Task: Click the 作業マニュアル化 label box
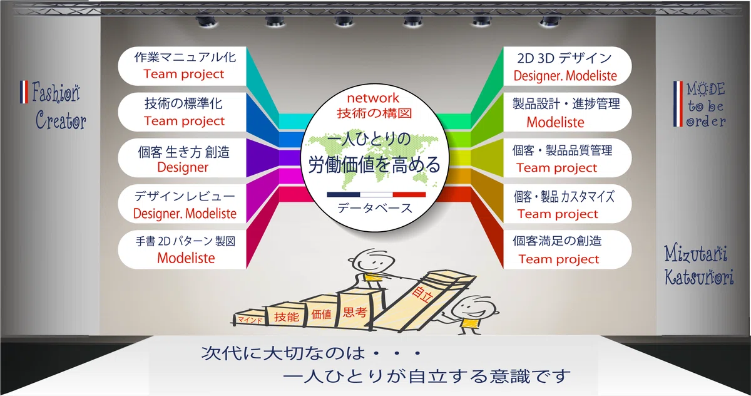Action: pyautogui.click(x=182, y=66)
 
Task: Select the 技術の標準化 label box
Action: pyautogui.click(x=182, y=112)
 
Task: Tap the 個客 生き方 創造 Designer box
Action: pyautogui.click(x=182, y=158)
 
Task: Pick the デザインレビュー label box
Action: pyautogui.click(x=182, y=204)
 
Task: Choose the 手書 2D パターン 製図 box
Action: pyautogui.click(x=182, y=249)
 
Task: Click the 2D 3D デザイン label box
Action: pyautogui.click(x=567, y=66)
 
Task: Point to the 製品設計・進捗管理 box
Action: pyautogui.click(x=567, y=112)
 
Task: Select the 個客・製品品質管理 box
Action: pyautogui.click(x=567, y=158)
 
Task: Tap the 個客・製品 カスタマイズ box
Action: pyautogui.click(x=567, y=204)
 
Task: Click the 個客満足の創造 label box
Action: pyautogui.click(x=567, y=249)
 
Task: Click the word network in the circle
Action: pyautogui.click(x=373, y=98)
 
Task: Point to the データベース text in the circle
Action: pyautogui.click(x=374, y=209)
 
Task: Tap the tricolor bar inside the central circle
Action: pyautogui.click(x=376, y=195)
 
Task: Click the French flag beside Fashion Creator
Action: pyautogui.click(x=24, y=91)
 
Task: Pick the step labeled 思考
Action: pyautogui.click(x=355, y=310)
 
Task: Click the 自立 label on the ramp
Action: pyautogui.click(x=422, y=294)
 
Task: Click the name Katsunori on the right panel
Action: pyautogui.click(x=699, y=277)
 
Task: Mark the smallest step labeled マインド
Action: pyautogui.click(x=250, y=320)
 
